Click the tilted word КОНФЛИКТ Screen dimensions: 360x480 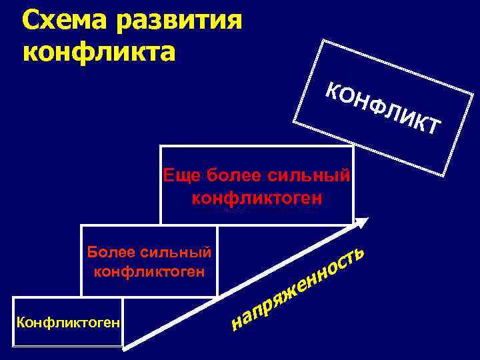pos(384,110)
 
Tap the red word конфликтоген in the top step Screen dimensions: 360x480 pos(257,197)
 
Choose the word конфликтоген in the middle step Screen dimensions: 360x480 pos(149,271)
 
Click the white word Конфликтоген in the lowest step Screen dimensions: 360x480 pos(68,323)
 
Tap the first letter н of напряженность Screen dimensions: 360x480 pos(237,323)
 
